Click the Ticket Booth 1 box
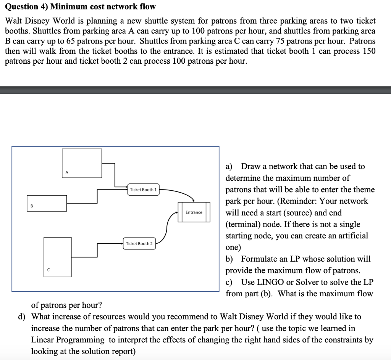point(143,190)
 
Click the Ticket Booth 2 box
point(139,244)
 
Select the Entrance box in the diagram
point(194,212)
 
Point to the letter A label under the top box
point(67,173)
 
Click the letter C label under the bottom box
point(48,270)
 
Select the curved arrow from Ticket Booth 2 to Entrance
point(167,227)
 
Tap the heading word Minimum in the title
point(69,6)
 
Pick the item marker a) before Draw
point(229,167)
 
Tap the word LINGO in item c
point(268,282)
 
